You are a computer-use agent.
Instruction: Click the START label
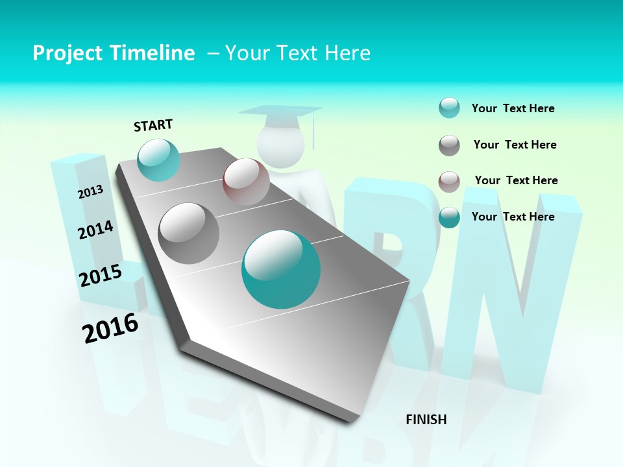pos(153,125)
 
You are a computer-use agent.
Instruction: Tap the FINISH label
pos(426,420)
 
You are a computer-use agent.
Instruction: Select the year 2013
pos(91,192)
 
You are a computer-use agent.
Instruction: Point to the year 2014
pos(96,230)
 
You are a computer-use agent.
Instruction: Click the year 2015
pos(101,276)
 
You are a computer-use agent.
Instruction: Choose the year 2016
pos(111,328)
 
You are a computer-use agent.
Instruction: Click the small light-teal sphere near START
pos(158,160)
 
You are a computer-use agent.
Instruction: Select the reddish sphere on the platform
pos(246,182)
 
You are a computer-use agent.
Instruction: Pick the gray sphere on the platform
pos(189,233)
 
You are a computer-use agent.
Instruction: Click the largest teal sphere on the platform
pos(281,269)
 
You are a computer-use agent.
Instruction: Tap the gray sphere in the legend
pos(449,145)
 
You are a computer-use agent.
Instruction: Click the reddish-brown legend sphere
pos(449,181)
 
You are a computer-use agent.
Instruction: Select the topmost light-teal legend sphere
pos(449,108)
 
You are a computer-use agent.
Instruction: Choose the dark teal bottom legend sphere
pos(449,217)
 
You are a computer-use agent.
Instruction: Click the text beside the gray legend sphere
pos(515,145)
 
